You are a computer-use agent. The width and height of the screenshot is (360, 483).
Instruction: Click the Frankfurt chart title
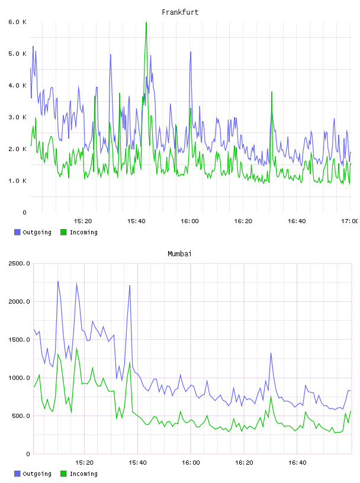180,12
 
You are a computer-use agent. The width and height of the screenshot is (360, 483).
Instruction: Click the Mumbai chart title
179,254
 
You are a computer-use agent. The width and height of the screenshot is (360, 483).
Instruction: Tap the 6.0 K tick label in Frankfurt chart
17,22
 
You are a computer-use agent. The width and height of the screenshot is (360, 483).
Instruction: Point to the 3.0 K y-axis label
17,117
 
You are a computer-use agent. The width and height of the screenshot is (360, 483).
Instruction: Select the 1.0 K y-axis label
17,181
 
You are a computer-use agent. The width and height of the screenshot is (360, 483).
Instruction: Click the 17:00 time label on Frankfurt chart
349,221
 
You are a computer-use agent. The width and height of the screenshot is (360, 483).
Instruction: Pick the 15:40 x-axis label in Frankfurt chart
136,221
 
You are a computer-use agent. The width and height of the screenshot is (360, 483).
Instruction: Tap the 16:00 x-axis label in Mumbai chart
191,462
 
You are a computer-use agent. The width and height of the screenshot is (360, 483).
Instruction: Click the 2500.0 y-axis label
19,263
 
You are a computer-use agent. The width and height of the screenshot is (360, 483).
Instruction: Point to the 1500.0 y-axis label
19,339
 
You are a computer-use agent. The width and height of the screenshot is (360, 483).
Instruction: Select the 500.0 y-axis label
21,416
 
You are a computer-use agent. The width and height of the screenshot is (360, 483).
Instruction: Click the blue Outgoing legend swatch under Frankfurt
17,232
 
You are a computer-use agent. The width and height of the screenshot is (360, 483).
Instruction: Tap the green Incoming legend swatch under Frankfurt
63,232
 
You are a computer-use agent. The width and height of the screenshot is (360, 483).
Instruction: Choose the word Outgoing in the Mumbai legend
37,474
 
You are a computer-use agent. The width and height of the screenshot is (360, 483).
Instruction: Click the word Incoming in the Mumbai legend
83,474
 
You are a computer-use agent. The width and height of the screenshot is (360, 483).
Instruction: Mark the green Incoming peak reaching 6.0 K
146,22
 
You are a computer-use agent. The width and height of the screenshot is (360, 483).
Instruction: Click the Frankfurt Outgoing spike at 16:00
191,51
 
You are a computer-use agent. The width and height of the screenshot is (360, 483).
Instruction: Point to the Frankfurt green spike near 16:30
272,92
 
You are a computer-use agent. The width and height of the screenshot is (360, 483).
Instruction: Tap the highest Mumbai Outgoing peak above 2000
58,281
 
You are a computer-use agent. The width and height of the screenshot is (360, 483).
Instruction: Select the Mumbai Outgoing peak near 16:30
271,353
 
